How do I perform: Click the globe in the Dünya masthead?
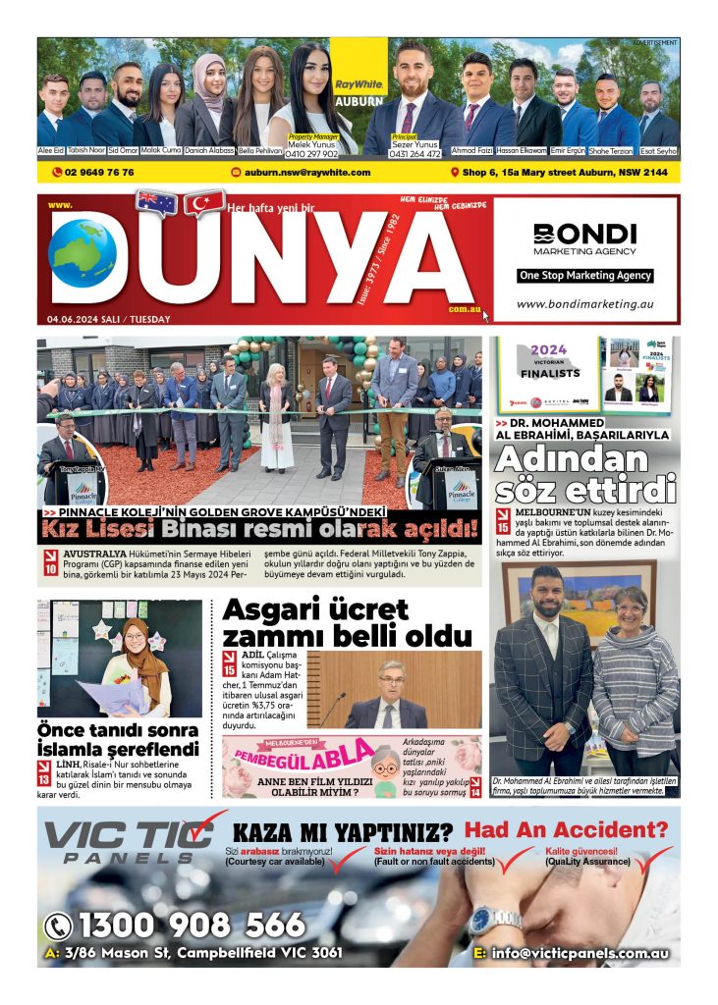(x=83, y=253)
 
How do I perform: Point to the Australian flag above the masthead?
(x=156, y=203)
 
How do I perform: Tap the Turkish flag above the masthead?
(x=204, y=203)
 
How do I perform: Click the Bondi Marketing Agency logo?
(x=585, y=239)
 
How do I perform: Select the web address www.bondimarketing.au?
(x=585, y=304)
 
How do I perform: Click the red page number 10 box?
(x=50, y=565)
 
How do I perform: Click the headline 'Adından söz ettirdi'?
(x=585, y=473)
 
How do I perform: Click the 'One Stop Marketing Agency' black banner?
(x=585, y=276)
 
